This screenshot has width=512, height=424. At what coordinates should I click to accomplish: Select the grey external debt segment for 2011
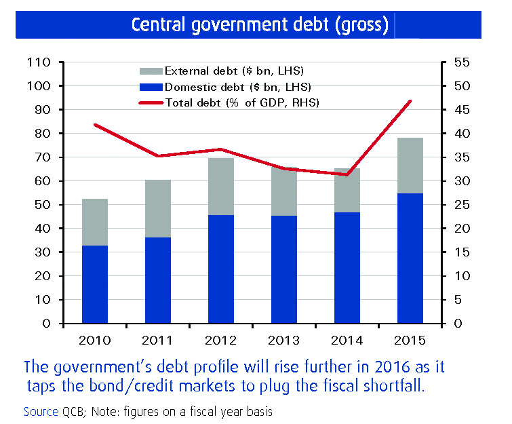157,208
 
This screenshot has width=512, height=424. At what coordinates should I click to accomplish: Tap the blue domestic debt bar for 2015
410,258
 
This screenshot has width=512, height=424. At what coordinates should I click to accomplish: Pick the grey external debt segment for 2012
221,187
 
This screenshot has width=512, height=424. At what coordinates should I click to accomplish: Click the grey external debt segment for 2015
410,166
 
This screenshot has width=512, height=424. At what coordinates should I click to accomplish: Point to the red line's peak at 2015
410,101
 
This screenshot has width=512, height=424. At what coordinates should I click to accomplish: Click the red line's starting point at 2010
95,125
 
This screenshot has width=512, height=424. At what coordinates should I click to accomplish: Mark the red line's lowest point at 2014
347,174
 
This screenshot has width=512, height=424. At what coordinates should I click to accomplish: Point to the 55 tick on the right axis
461,62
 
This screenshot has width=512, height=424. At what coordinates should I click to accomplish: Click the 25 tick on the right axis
461,205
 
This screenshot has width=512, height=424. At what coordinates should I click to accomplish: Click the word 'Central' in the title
156,25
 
